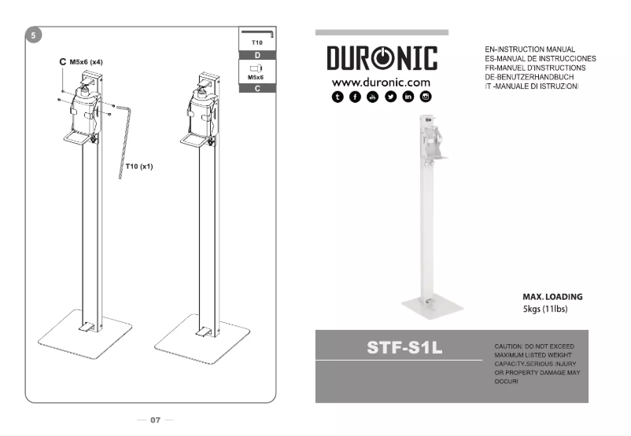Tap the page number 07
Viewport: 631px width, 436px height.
point(155,420)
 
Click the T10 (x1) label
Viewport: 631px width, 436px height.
point(139,167)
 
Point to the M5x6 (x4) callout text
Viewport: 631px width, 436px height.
point(87,61)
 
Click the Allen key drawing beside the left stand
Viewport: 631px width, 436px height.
point(124,137)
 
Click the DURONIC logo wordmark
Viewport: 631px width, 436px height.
point(382,59)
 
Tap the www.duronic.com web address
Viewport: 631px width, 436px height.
point(381,82)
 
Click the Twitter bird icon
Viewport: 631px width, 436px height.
point(390,97)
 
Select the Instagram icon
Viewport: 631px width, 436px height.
point(426,97)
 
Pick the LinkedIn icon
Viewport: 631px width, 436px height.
point(408,97)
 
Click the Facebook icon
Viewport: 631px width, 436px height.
point(355,97)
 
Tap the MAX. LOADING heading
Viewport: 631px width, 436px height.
point(552,297)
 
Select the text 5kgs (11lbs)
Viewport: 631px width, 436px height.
point(545,309)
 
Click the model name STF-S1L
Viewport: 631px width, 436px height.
point(404,347)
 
